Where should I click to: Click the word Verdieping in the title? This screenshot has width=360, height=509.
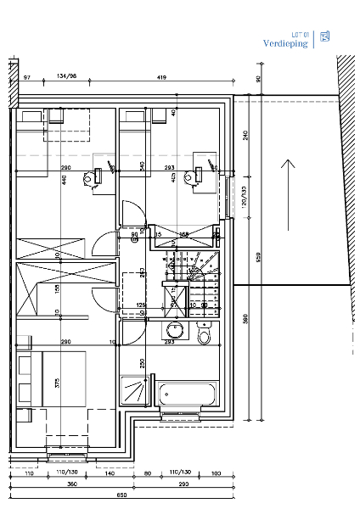pos(285,43)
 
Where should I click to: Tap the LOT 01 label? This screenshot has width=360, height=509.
pos(298,33)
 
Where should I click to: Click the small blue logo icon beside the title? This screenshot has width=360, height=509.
pos(324,37)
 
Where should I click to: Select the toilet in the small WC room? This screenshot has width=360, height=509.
pos(204,337)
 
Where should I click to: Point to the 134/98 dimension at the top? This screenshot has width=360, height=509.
pos(67,77)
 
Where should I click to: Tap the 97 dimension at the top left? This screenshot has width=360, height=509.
pos(26,77)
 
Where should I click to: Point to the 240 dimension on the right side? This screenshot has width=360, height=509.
pos(246,135)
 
